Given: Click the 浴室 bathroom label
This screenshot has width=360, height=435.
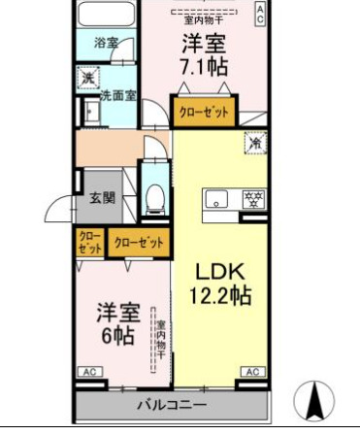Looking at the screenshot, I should pyautogui.click(x=106, y=44).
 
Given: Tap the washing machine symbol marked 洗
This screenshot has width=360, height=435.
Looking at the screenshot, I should pyautogui.click(x=86, y=79).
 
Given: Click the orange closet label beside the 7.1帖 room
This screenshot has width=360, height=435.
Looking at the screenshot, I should pyautogui.click(x=204, y=113).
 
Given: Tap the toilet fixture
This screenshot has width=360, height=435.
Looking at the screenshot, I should pyautogui.click(x=154, y=200).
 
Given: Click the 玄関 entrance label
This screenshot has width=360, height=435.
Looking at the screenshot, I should pyautogui.click(x=103, y=197).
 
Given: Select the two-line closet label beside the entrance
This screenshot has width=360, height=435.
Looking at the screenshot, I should pyautogui.click(x=88, y=242).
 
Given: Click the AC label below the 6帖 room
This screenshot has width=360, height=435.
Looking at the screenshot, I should pyautogui.click(x=87, y=372).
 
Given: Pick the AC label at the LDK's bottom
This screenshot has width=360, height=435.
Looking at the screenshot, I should pyautogui.click(x=251, y=372).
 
